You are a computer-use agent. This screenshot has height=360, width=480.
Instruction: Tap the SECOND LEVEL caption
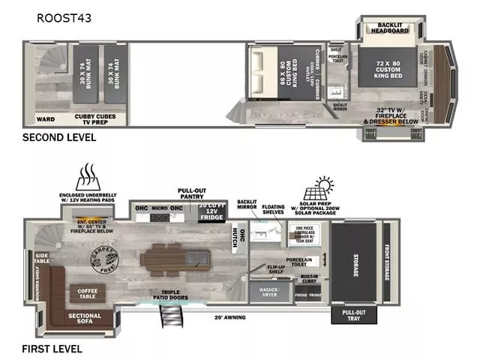pyautogui.click(x=58, y=137)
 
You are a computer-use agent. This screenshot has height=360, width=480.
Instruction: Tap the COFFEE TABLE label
pyautogui.click(x=87, y=292)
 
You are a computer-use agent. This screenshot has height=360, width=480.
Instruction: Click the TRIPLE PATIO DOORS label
pyautogui.click(x=171, y=295)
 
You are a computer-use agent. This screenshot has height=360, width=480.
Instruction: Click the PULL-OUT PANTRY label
pyautogui.click(x=192, y=193)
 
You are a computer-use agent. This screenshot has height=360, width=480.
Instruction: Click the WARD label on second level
pyautogui.click(x=44, y=118)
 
